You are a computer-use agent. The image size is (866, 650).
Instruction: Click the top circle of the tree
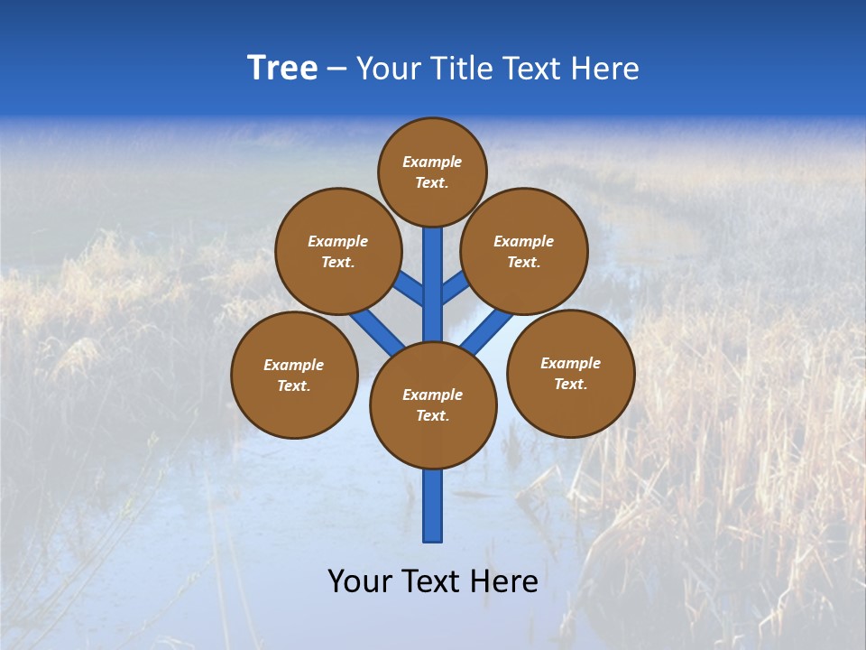coord(432,172)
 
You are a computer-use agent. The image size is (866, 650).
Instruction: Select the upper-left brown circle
coord(337,251)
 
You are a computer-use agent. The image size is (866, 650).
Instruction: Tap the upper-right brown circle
coord(524,251)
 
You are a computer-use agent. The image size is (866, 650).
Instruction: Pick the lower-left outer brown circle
coord(294,375)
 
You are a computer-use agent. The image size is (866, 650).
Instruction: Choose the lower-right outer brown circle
coord(570,373)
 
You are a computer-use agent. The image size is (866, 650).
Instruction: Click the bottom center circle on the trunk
coord(433,405)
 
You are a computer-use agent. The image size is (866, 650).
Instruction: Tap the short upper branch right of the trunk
coord(456,287)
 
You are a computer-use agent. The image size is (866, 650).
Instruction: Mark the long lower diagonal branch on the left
coord(377,330)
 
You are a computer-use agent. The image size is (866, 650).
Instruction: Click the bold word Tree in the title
coord(282,68)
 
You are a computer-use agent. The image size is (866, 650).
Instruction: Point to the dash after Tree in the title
coord(336,69)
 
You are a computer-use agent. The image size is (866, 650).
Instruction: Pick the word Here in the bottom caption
coord(505,580)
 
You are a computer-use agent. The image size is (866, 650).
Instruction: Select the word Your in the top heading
coord(389,69)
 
